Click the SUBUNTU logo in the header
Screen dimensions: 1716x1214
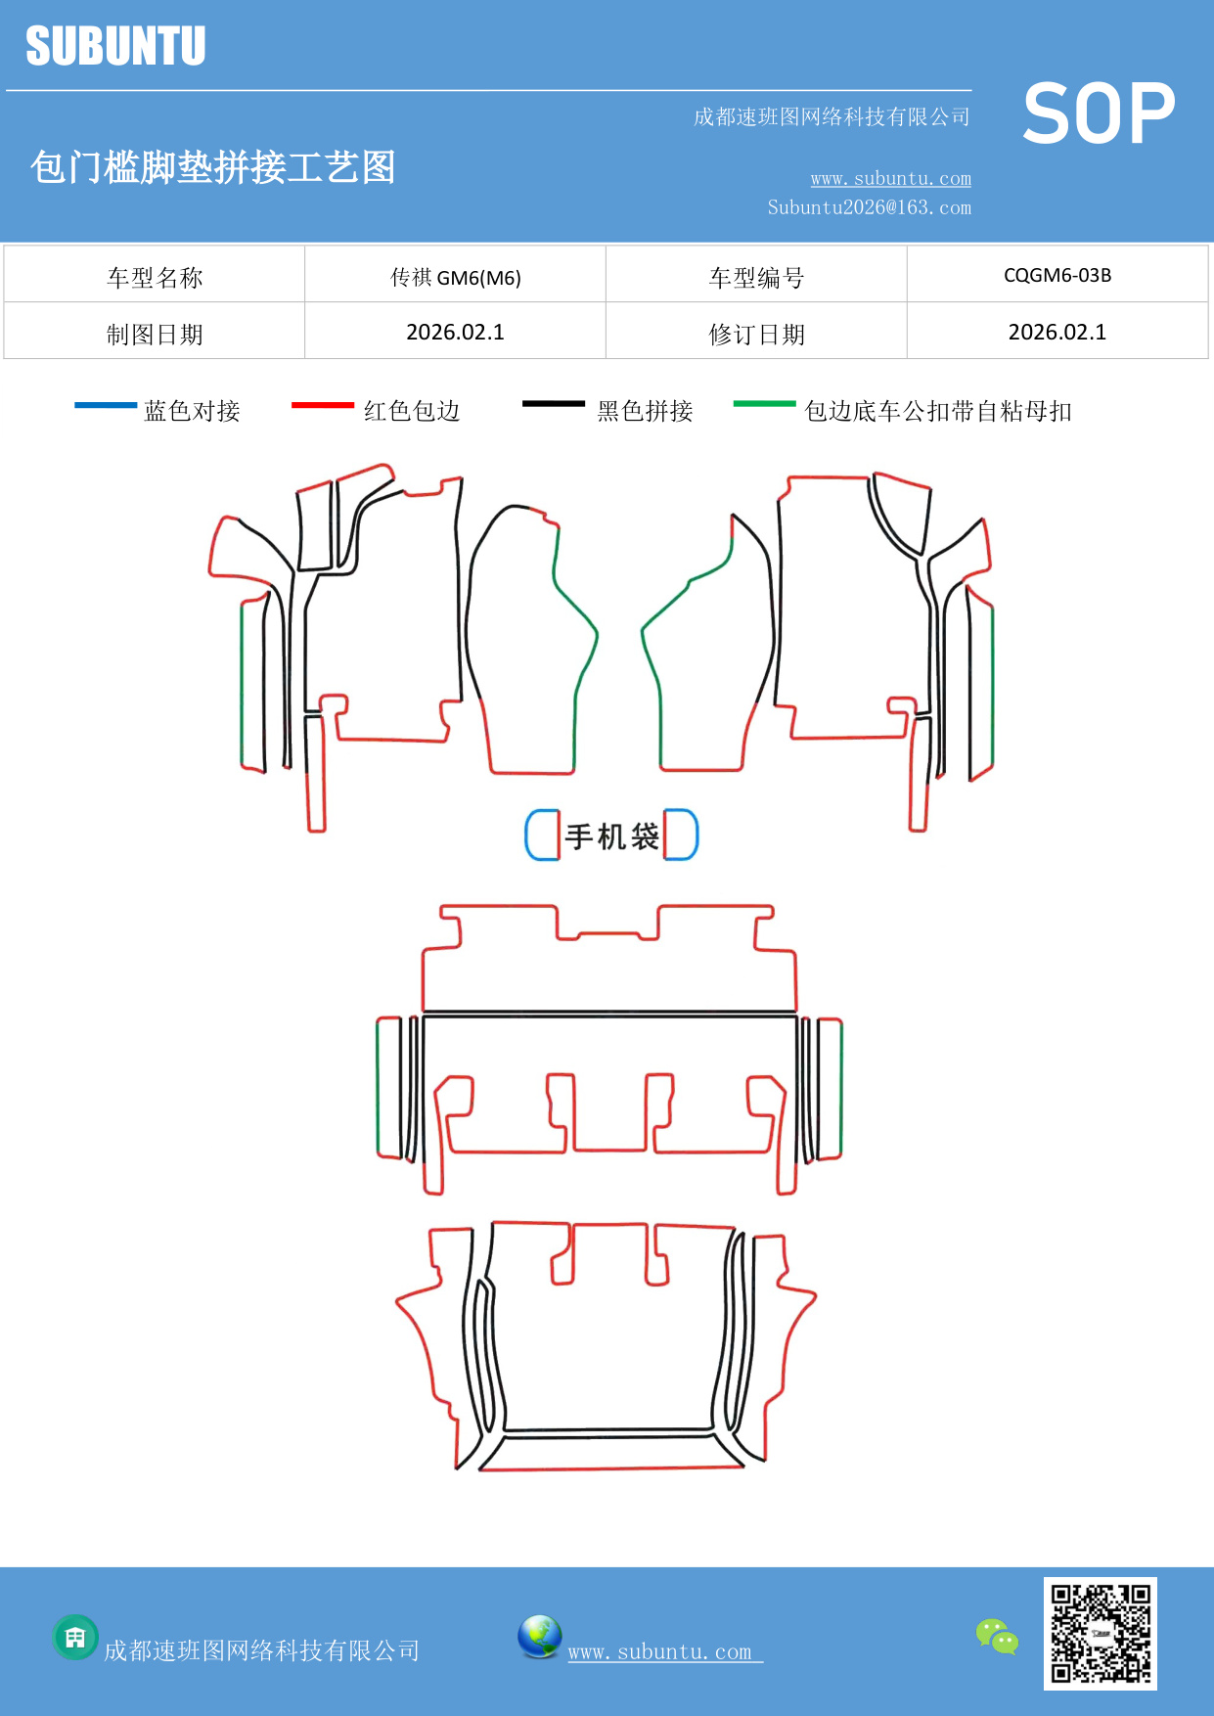pyautogui.click(x=115, y=46)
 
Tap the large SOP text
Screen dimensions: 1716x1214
pyautogui.click(x=1099, y=113)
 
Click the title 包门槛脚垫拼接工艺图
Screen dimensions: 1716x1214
pyautogui.click(x=212, y=167)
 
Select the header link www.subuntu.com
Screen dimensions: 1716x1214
pyautogui.click(x=890, y=178)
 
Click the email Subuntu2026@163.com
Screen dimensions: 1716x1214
pyautogui.click(x=869, y=207)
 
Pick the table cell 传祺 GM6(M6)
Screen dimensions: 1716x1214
pyautogui.click(x=455, y=277)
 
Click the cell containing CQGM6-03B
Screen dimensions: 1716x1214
pyautogui.click(x=1057, y=275)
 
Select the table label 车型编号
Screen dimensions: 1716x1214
pyautogui.click(x=756, y=278)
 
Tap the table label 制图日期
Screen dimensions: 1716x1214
pyautogui.click(x=155, y=335)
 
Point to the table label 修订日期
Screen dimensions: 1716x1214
pyautogui.click(x=756, y=335)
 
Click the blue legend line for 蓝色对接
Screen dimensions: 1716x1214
pyautogui.click(x=106, y=404)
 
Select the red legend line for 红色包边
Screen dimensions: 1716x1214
pyautogui.click(x=322, y=404)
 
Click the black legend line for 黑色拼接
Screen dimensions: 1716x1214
pyautogui.click(x=553, y=403)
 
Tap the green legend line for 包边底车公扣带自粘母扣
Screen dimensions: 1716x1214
pyautogui.click(x=764, y=403)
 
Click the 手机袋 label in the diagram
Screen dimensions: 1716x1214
pyautogui.click(x=611, y=836)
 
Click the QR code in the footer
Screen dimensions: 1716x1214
pyautogui.click(x=1100, y=1633)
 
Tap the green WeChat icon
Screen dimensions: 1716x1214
pyautogui.click(x=997, y=1636)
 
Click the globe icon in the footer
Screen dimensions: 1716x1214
pyautogui.click(x=539, y=1637)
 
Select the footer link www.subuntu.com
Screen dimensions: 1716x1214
pyautogui.click(x=661, y=1651)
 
